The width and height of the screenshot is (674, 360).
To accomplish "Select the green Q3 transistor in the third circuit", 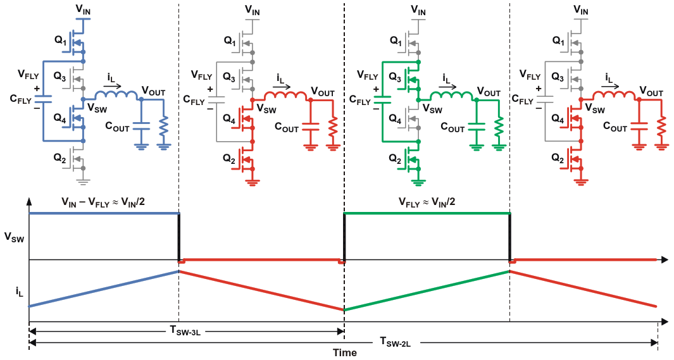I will point(413,79).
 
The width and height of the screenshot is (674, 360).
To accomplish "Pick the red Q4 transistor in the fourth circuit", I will point(577,119).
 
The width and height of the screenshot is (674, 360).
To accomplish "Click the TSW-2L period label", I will point(396,342).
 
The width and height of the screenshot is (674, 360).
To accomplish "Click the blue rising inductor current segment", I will point(104,289).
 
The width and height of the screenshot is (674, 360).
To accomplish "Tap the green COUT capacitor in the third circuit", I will point(478,128).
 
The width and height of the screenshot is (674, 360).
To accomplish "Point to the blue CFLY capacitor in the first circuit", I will point(43,97).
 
